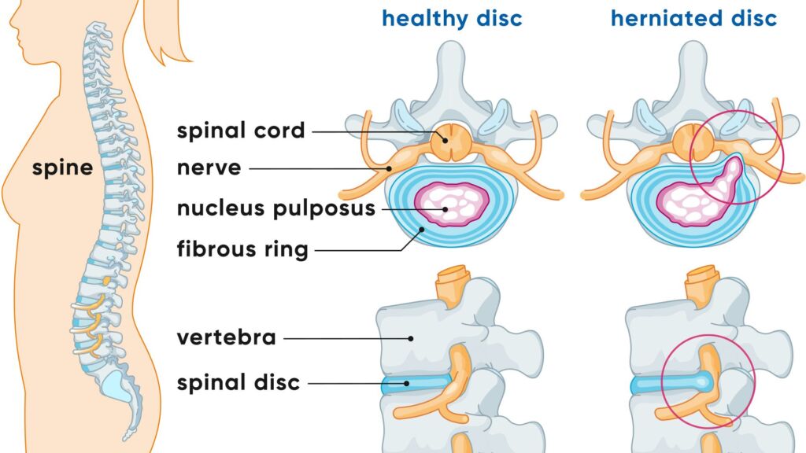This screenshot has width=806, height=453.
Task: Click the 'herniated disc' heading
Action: click(694, 18)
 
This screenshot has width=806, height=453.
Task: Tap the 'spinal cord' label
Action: click(241, 131)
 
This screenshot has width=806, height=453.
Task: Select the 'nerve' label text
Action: click(209, 168)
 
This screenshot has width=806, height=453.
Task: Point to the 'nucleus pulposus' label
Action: click(276, 209)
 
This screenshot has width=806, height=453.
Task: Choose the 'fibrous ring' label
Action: click(242, 251)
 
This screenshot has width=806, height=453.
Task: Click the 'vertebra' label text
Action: click(227, 338)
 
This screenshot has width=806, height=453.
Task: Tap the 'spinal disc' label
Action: click(238, 383)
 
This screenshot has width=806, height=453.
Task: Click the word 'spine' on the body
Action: click(62, 167)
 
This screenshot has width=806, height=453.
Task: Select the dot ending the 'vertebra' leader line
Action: click(410, 339)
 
